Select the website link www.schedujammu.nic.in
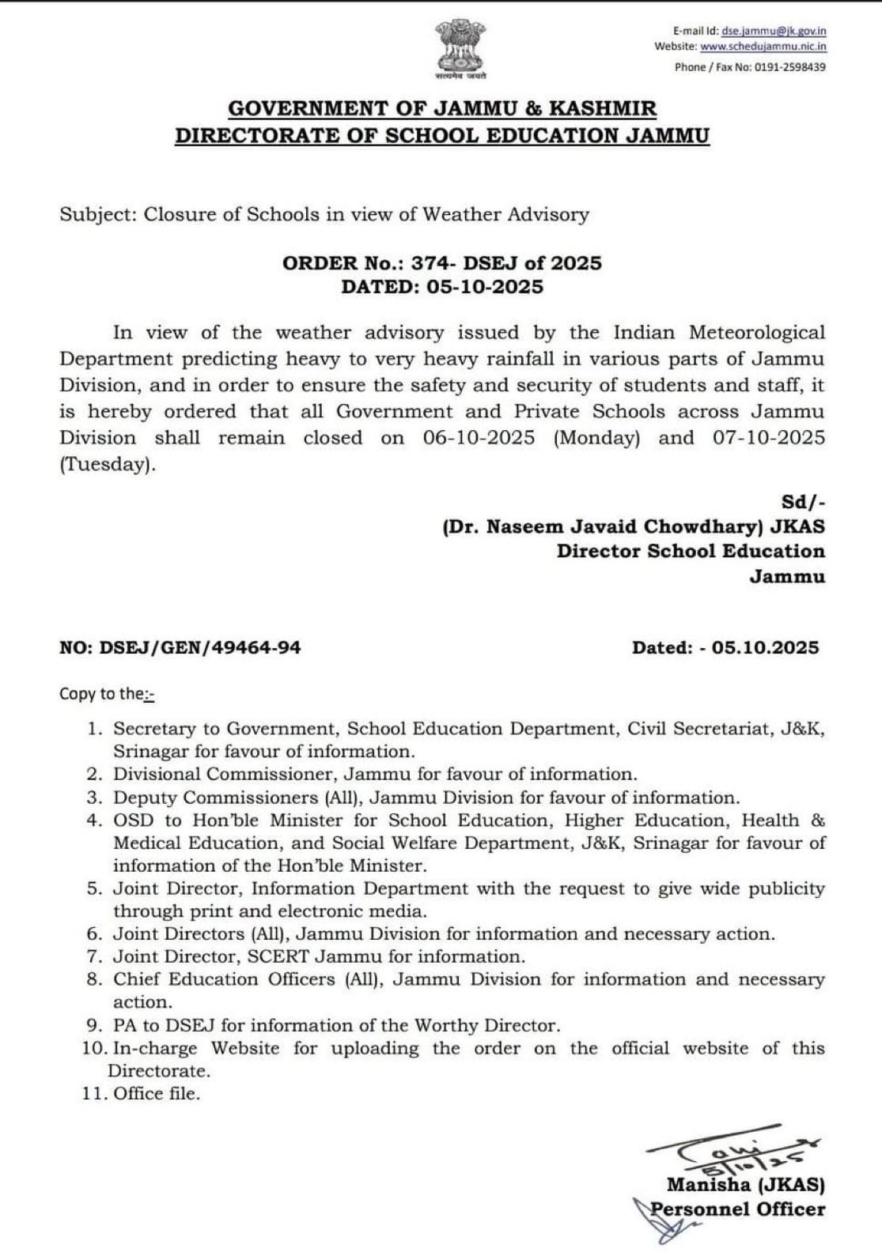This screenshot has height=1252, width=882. point(763,47)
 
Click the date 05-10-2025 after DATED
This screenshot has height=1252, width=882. point(484,287)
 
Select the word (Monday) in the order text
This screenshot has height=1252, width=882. point(596,438)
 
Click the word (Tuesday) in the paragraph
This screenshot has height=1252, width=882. point(106,465)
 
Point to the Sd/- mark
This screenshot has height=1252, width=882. point(802,501)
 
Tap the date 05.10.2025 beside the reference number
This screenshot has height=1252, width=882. point(765,648)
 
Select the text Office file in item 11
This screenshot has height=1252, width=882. point(156,1094)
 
